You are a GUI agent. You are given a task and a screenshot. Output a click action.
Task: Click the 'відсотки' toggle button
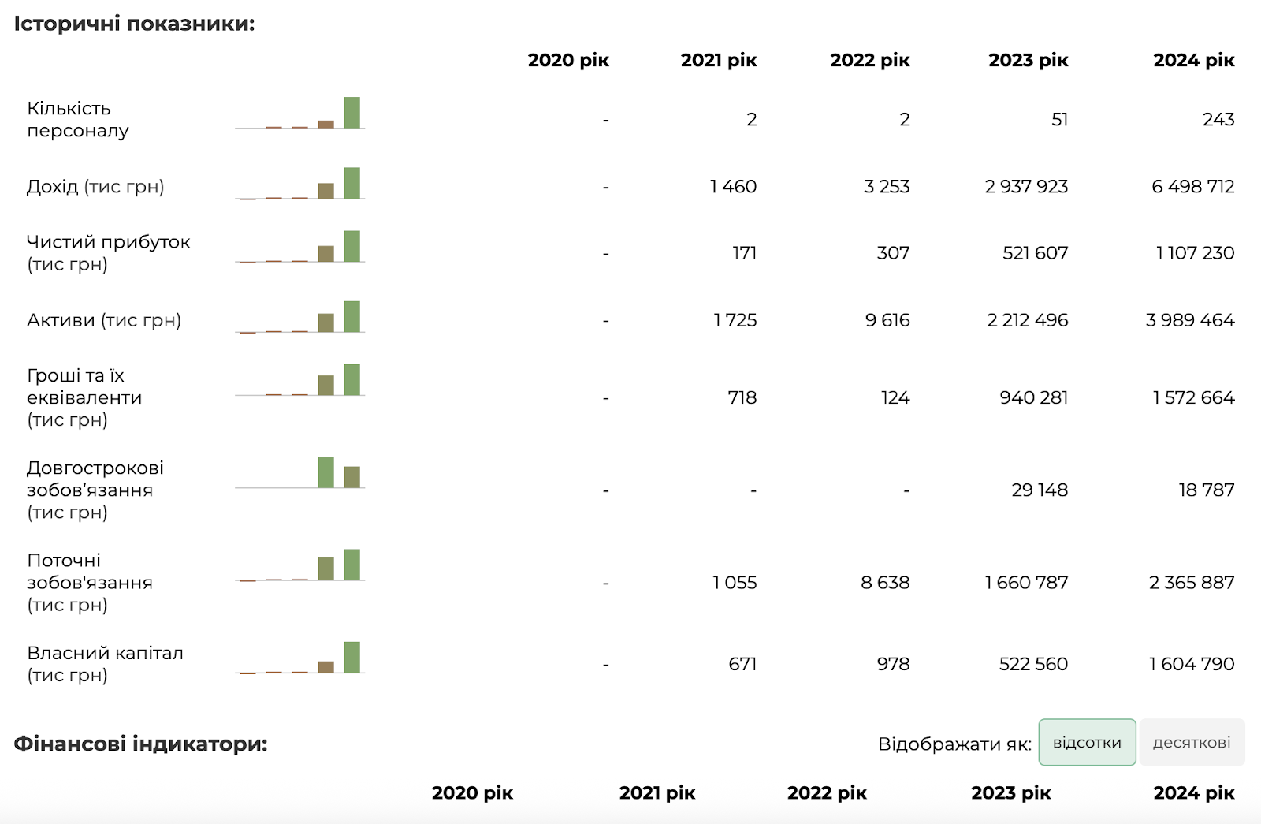pos(1087,742)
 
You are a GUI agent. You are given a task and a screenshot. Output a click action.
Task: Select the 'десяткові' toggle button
pos(1192,742)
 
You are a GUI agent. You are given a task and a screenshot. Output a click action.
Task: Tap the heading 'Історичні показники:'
pos(135,24)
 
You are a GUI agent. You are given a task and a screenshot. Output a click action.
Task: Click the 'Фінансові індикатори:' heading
pos(141,744)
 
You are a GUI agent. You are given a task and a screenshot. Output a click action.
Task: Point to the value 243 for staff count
pos(1218,119)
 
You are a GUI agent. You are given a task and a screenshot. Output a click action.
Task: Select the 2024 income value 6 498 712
pos(1193,186)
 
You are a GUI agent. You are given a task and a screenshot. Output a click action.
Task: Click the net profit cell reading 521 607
pos(1035,253)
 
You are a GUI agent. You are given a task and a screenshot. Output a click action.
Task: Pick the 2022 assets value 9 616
pos(887,320)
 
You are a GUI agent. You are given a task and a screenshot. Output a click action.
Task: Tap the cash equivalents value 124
pos(895,397)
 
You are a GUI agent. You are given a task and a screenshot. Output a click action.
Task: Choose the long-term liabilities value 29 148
pos(1040,490)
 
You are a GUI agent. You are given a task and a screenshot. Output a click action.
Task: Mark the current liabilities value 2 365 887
pos(1191,583)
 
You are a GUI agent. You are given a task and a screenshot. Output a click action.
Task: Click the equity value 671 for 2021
pos(742,664)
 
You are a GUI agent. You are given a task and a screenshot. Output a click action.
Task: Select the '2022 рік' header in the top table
pos(870,60)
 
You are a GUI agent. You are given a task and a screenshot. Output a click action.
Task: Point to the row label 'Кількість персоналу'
pos(78,119)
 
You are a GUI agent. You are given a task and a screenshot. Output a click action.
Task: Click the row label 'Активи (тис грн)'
pos(104,320)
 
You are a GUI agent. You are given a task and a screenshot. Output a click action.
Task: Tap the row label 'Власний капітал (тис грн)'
pos(106,664)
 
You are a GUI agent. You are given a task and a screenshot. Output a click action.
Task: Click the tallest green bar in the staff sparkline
pos(352,113)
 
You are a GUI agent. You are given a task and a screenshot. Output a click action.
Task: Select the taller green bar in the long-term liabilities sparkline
pos(326,472)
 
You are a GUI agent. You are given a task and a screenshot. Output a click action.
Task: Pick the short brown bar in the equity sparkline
pos(326,667)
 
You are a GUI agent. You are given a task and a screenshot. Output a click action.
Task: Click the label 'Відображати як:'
pos(954,744)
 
